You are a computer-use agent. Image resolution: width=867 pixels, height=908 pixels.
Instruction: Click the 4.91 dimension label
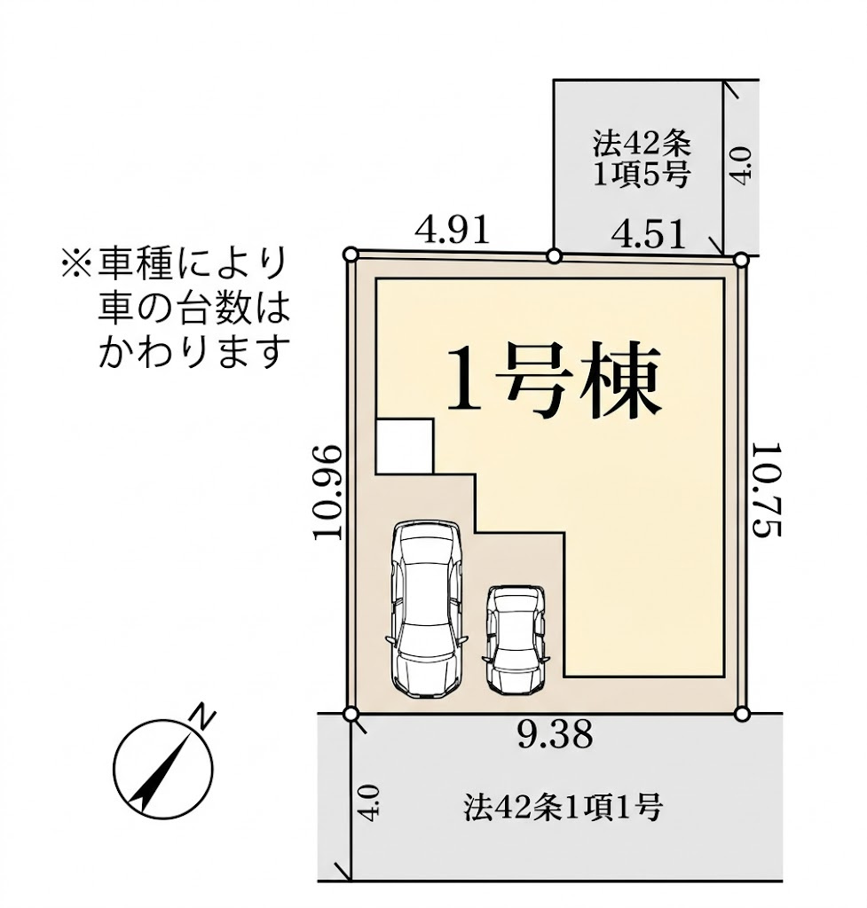click(x=452, y=231)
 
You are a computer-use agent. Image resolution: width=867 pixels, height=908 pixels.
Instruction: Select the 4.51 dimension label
click(x=650, y=235)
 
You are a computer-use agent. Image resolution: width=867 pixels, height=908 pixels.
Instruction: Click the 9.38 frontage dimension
click(x=555, y=734)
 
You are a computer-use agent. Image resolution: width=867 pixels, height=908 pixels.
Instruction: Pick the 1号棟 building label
click(x=554, y=382)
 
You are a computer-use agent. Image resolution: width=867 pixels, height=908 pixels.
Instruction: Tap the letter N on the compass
click(x=204, y=716)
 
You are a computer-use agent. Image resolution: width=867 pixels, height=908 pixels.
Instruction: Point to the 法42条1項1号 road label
click(x=563, y=807)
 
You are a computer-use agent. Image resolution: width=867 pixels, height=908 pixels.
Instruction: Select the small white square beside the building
click(x=405, y=446)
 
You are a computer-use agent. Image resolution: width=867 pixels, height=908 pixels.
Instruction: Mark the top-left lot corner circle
click(x=351, y=254)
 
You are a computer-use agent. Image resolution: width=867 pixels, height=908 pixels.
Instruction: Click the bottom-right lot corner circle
click(x=743, y=713)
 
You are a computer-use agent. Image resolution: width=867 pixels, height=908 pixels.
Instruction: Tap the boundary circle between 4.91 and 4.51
click(x=554, y=256)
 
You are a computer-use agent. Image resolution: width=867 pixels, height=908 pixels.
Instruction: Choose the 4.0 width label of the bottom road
click(x=371, y=801)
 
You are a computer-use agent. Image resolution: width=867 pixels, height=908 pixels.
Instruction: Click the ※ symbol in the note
click(x=75, y=263)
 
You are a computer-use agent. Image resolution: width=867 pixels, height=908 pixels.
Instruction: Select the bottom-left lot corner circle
click(x=351, y=714)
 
